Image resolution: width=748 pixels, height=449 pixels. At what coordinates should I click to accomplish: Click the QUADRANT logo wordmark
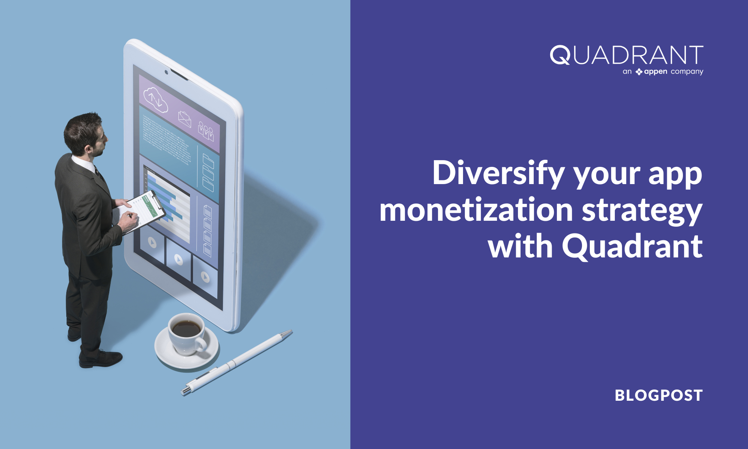[x=626, y=55]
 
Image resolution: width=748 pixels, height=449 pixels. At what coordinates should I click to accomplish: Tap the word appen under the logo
[x=655, y=72]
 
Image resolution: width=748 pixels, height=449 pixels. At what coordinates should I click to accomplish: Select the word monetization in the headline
[x=476, y=210]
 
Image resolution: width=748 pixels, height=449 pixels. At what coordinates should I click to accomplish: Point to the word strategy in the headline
[x=642, y=211]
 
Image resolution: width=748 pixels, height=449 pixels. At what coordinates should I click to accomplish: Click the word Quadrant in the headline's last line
[x=632, y=246]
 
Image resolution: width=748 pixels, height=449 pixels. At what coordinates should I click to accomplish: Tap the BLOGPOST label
[x=659, y=395]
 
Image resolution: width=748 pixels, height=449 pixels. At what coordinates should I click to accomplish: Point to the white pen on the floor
[x=236, y=362]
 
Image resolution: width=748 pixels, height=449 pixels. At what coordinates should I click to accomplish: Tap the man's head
[x=86, y=134]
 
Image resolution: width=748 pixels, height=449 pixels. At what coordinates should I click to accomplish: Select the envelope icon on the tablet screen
[x=184, y=119]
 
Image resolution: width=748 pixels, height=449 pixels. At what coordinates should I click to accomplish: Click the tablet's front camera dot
[x=166, y=72]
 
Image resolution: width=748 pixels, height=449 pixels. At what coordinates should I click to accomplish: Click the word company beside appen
[x=687, y=72]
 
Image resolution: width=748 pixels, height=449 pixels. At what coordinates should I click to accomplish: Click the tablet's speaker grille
[x=180, y=74]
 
